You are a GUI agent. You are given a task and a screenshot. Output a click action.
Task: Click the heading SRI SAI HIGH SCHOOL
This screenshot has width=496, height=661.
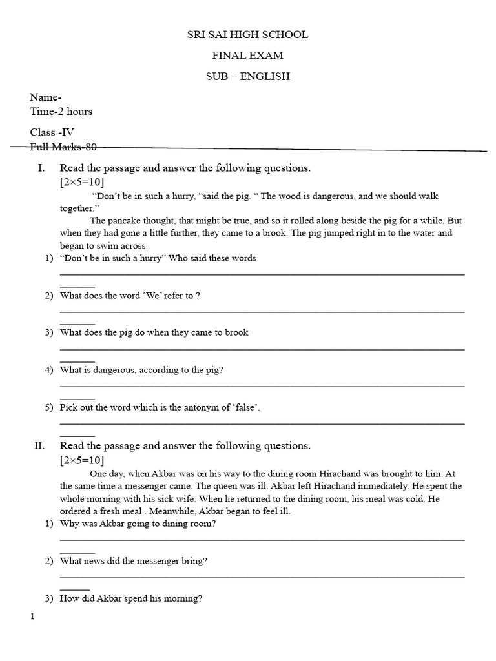(x=247, y=35)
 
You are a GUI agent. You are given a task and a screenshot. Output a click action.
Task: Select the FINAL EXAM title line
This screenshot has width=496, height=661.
(x=247, y=56)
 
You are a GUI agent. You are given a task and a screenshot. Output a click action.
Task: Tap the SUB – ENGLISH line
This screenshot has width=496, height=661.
(x=247, y=76)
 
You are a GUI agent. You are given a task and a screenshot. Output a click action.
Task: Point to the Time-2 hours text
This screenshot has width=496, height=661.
(x=61, y=111)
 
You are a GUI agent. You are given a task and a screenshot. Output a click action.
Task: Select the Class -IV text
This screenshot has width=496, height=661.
(x=52, y=132)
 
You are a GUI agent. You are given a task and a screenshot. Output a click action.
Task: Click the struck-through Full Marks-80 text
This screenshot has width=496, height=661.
(x=63, y=147)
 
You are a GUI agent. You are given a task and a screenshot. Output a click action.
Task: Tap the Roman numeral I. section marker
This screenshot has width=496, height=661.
(x=41, y=168)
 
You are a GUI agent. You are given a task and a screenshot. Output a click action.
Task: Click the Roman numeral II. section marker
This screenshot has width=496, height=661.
(x=39, y=446)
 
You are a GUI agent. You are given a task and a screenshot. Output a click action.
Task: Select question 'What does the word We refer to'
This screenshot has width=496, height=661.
(x=130, y=296)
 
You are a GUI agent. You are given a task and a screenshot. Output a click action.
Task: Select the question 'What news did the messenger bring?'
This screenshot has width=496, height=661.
(x=133, y=561)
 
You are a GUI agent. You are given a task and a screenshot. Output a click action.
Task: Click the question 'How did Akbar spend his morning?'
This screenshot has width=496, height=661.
(x=130, y=598)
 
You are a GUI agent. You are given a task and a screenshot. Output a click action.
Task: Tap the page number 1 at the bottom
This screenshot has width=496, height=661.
(x=32, y=617)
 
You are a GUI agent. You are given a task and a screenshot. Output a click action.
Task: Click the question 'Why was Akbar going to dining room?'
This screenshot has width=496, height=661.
(x=138, y=524)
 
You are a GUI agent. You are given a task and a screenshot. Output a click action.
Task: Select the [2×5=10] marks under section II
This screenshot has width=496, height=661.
(x=82, y=460)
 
